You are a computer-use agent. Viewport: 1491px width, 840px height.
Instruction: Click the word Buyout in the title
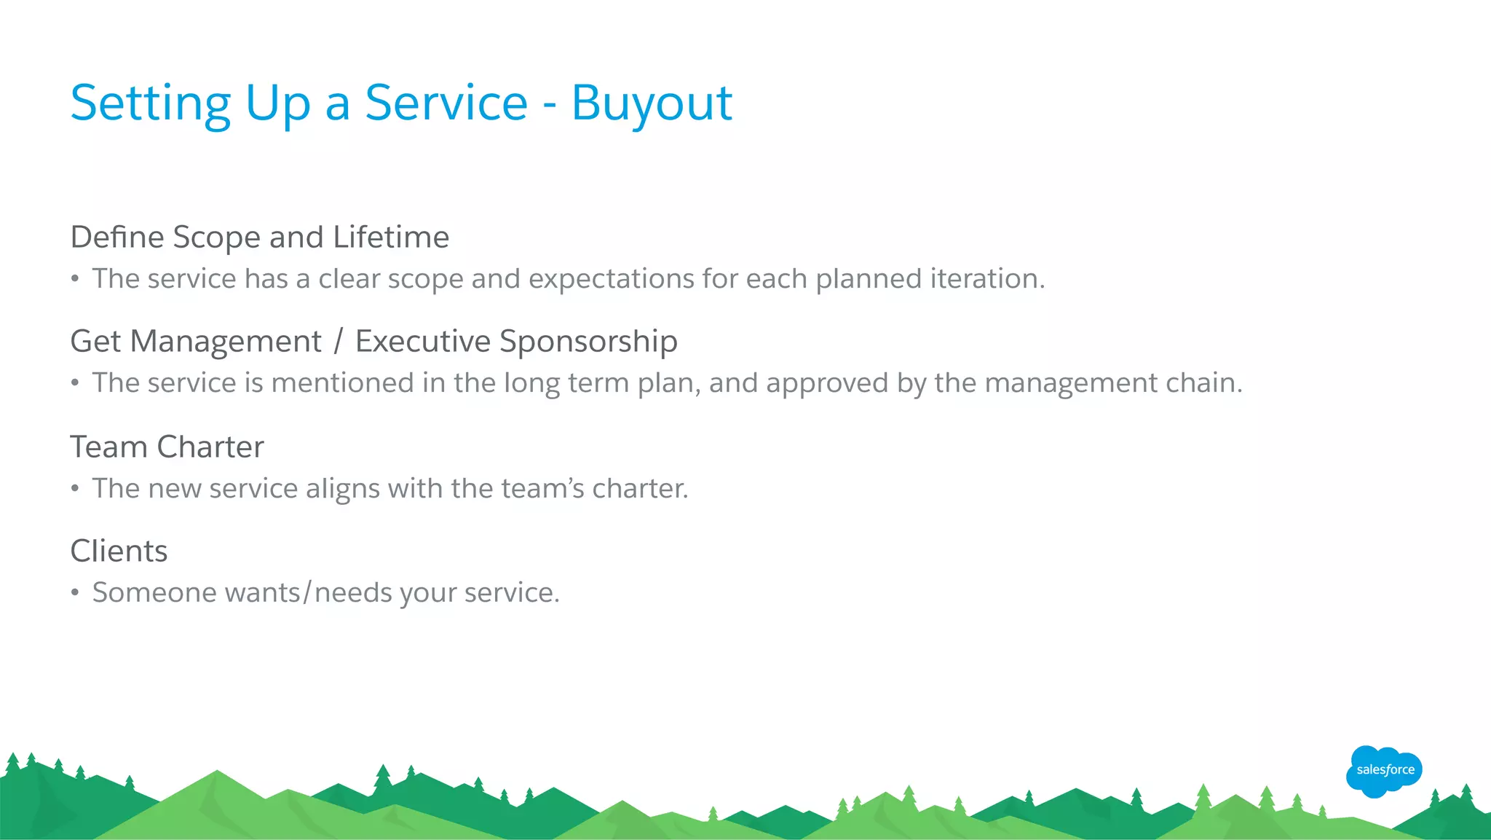(x=652, y=103)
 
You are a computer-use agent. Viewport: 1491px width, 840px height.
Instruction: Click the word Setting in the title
(x=150, y=103)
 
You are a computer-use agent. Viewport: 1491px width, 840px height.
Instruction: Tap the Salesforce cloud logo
(x=1384, y=771)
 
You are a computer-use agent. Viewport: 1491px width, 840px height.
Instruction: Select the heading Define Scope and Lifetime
(x=260, y=238)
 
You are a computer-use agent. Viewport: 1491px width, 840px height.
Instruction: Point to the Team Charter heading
(x=167, y=447)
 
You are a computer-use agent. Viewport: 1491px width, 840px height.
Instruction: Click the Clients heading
(x=119, y=552)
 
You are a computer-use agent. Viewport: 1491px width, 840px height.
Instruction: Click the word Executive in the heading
(x=423, y=342)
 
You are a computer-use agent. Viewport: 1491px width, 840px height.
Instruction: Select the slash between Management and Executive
(x=338, y=342)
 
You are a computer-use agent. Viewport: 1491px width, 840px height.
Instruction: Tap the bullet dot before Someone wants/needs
(x=75, y=593)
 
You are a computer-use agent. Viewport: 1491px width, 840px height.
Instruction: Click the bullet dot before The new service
(x=75, y=489)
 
